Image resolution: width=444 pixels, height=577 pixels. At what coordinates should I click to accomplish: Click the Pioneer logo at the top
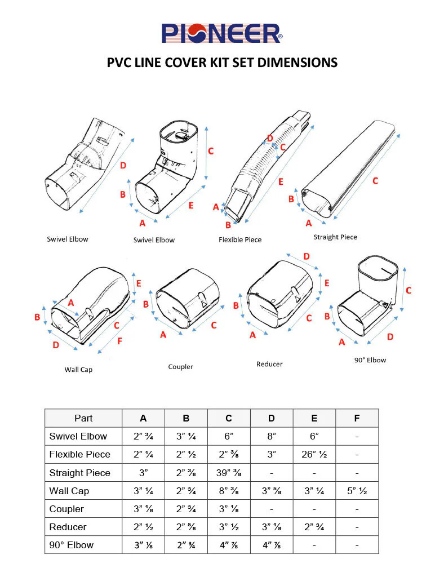tap(222, 33)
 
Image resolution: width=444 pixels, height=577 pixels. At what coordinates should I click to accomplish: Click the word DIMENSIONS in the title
tap(298, 62)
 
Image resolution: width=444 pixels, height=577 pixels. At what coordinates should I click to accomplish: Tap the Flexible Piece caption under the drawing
tap(240, 239)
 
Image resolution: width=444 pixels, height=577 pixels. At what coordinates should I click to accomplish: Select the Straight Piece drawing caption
tap(335, 237)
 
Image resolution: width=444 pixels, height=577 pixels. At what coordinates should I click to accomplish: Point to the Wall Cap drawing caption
tap(78, 370)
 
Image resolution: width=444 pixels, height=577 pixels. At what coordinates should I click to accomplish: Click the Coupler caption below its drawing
tap(180, 367)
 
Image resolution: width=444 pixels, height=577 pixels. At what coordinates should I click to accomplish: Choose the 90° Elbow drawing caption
tap(370, 359)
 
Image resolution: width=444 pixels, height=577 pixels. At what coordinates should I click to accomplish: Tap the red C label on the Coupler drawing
tap(214, 326)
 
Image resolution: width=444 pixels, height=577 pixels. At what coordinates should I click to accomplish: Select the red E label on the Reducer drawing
tap(327, 283)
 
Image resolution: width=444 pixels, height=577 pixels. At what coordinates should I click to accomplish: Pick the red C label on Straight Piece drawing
tap(375, 181)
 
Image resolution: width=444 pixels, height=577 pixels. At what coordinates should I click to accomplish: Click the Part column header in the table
tap(83, 418)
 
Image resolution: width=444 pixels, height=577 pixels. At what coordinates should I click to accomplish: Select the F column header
tap(357, 418)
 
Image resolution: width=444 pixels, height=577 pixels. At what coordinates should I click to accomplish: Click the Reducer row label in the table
tap(68, 527)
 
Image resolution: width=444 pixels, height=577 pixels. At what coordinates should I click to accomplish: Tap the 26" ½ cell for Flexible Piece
tap(314, 454)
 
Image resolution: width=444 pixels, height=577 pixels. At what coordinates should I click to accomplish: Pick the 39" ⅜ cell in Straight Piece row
tap(228, 472)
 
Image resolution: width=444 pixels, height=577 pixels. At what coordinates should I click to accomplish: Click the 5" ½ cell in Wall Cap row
tap(357, 491)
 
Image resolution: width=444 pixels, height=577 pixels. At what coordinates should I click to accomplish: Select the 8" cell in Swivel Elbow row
tap(271, 436)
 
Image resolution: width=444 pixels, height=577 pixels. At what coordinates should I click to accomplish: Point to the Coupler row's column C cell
tap(228, 509)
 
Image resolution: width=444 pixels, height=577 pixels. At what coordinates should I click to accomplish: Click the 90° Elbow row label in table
tap(72, 545)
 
